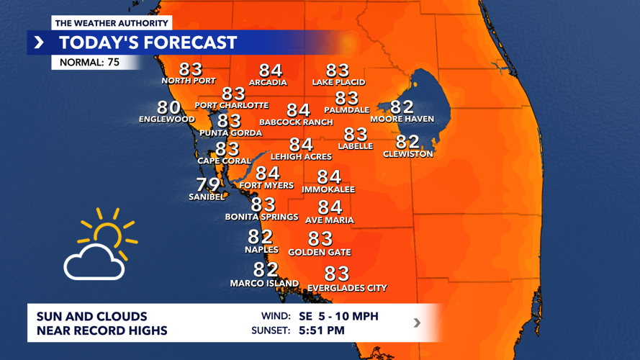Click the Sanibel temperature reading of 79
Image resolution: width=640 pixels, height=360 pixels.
click(x=208, y=184)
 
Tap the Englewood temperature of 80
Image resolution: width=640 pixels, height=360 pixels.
click(x=169, y=108)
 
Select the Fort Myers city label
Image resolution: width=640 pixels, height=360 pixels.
click(x=266, y=186)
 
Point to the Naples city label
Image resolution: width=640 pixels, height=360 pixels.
click(x=261, y=250)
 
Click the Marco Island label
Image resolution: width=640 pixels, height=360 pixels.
click(x=264, y=284)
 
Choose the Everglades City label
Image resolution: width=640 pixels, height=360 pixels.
click(x=347, y=288)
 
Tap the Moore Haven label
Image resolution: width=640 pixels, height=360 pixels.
click(x=402, y=119)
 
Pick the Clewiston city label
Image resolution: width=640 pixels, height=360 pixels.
click(x=408, y=154)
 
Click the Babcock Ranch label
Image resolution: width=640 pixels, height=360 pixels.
click(x=296, y=122)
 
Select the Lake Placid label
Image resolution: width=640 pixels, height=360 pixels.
click(x=338, y=83)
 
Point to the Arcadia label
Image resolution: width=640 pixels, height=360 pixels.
click(x=268, y=83)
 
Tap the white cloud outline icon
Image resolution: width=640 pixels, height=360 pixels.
click(x=94, y=262)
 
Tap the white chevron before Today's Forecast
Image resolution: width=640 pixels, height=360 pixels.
click(x=39, y=42)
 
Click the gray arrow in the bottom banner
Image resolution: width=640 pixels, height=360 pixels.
click(x=417, y=323)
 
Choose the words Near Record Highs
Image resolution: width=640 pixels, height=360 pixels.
click(x=102, y=331)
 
